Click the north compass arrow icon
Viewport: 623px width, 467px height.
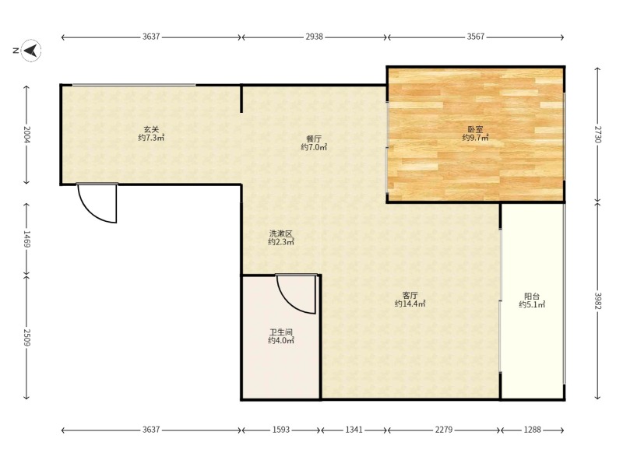pyautogui.click(x=31, y=51)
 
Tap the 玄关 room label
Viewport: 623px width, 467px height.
pyautogui.click(x=151, y=129)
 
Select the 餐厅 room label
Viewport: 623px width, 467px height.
pyautogui.click(x=314, y=139)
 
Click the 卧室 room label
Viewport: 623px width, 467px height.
pyautogui.click(x=475, y=129)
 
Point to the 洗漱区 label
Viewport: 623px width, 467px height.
pyautogui.click(x=281, y=233)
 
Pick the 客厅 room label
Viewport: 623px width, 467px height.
pyautogui.click(x=410, y=296)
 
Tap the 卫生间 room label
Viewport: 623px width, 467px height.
pyautogui.click(x=281, y=332)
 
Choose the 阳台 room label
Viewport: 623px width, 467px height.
pyautogui.click(x=532, y=297)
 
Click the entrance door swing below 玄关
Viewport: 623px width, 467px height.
pyautogui.click(x=90, y=211)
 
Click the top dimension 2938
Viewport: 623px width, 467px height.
pyautogui.click(x=314, y=37)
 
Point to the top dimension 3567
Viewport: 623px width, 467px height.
pyautogui.click(x=475, y=37)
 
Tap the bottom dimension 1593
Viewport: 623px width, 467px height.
pyautogui.click(x=281, y=430)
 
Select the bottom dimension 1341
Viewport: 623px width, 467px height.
pyautogui.click(x=354, y=430)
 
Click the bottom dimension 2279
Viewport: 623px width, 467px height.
pyautogui.click(x=443, y=430)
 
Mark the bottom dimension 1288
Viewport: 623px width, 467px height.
pyautogui.click(x=532, y=430)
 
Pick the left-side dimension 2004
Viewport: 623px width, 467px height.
pyautogui.click(x=26, y=134)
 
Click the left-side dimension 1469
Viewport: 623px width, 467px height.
pyautogui.click(x=26, y=239)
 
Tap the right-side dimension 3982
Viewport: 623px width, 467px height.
pyautogui.click(x=597, y=301)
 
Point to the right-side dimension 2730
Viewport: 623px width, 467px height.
pyautogui.click(x=597, y=134)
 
